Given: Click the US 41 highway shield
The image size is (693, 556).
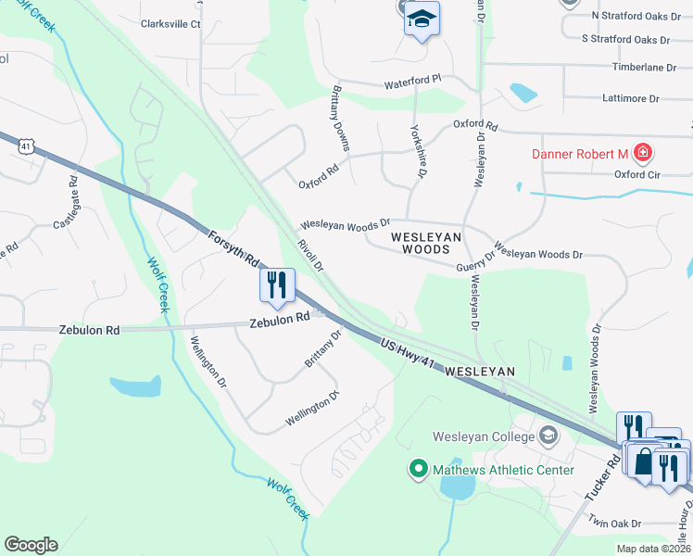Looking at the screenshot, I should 25,145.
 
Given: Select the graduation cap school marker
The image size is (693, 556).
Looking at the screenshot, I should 422,19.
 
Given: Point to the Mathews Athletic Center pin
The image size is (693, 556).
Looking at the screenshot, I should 416,470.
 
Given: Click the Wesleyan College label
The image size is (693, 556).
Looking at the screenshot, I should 486,436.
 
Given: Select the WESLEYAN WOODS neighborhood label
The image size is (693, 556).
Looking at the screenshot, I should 426,237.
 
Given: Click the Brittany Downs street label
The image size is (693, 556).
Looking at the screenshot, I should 340,120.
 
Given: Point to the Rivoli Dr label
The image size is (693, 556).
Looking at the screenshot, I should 309,256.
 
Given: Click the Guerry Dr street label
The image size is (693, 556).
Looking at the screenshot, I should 475,265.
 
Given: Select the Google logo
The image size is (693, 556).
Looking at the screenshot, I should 31,545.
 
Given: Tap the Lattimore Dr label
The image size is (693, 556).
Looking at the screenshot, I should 629,97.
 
